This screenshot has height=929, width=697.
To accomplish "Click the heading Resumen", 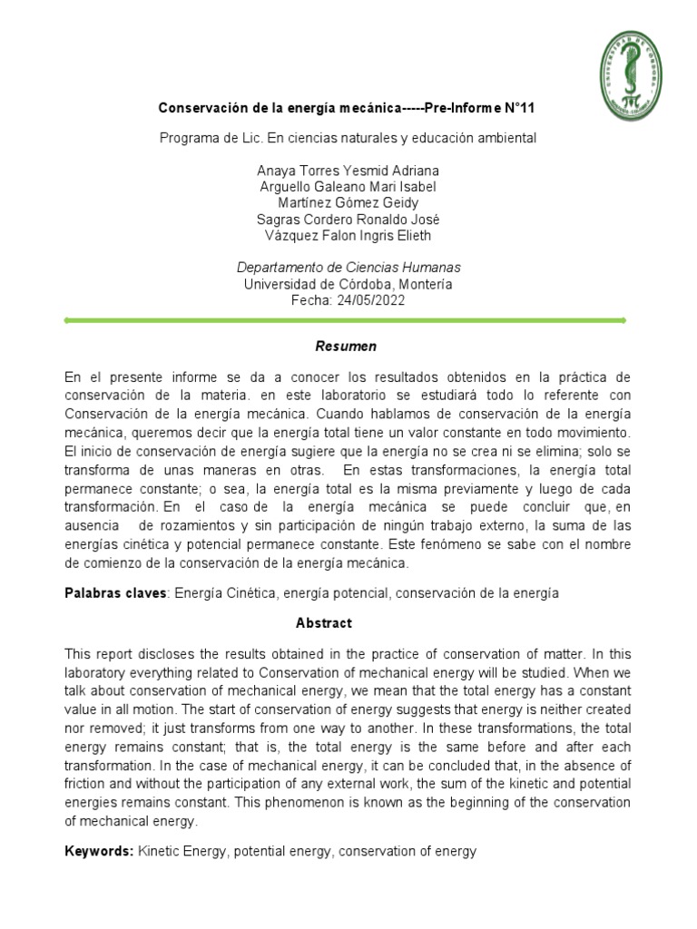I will pyautogui.click(x=346, y=347).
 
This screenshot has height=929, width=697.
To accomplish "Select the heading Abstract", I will pyautogui.click(x=323, y=623).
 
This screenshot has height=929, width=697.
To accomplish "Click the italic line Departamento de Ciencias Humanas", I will pyautogui.click(x=348, y=268).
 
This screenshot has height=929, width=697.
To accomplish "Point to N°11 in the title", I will pyautogui.click(x=517, y=108).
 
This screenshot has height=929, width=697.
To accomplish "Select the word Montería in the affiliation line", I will pyautogui.click(x=427, y=284).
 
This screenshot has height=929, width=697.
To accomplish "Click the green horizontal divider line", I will pyautogui.click(x=346, y=320).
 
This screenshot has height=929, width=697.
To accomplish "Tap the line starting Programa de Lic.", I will pyautogui.click(x=348, y=138).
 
